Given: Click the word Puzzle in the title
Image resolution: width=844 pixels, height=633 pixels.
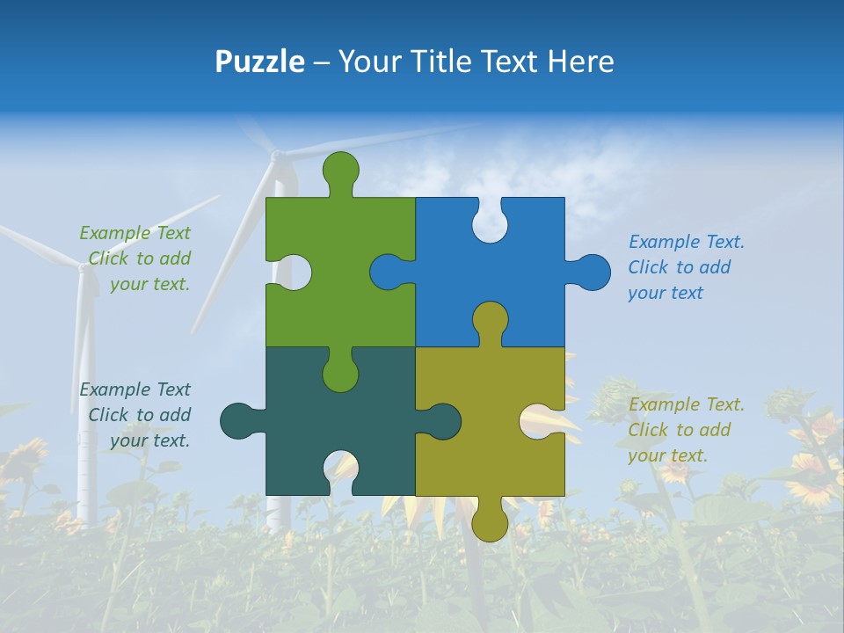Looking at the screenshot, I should [x=259, y=62].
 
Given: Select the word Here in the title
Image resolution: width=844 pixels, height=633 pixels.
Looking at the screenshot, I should [x=580, y=62].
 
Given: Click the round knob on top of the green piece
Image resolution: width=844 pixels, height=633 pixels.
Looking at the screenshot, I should [x=341, y=171].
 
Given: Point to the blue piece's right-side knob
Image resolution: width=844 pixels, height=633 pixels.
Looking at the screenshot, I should [x=590, y=273].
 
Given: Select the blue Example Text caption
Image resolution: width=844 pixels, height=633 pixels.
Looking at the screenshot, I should [x=686, y=267].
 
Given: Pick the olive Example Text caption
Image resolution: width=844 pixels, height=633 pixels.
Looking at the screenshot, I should [x=686, y=430].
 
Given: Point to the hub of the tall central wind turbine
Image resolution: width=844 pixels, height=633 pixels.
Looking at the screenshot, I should [x=277, y=156].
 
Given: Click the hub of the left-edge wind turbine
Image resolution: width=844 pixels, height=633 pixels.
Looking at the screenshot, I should [x=85, y=268].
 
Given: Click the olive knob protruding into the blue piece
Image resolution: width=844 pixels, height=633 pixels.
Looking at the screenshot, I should [x=490, y=321].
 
